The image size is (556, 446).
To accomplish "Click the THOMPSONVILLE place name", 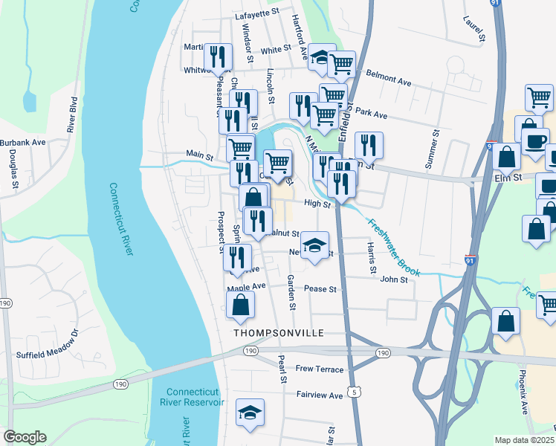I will [x=279, y=333].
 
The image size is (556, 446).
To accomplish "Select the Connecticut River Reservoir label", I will [x=195, y=397].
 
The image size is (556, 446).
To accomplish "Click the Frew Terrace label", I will [x=320, y=369].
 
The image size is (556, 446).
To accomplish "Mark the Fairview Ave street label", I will [x=320, y=395].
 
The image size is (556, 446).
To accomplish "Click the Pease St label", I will [x=322, y=289].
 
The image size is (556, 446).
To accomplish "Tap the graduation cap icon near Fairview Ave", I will [x=250, y=414].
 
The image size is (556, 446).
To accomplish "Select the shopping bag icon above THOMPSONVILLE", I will [x=240, y=305].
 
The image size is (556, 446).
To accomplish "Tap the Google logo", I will [x=25, y=437].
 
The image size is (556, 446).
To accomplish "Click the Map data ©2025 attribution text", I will [x=525, y=440].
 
